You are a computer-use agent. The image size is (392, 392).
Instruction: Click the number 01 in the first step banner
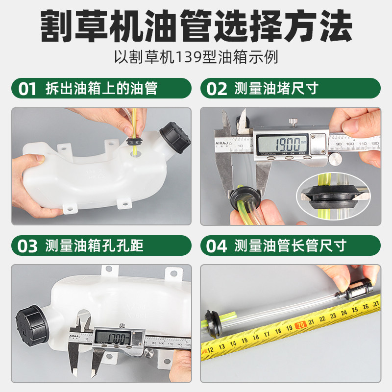pos(27,89)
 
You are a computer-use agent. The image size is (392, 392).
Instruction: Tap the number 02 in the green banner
pos(217,89)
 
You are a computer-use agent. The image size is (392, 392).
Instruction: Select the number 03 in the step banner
pos(27,246)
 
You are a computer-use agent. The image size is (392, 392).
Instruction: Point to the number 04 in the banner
pos(217,246)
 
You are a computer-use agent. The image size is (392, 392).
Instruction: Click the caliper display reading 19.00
pos(282,144)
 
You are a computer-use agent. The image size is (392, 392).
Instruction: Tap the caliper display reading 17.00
pos(113,338)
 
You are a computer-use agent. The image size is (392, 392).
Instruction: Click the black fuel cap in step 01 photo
pos(175,138)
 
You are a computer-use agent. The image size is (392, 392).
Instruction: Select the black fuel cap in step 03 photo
pos(32,325)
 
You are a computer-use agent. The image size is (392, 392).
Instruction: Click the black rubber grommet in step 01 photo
pos(135,141)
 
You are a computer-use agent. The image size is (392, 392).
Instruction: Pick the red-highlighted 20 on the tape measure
pos(301,325)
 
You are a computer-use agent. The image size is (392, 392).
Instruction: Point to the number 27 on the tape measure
pos(376,304)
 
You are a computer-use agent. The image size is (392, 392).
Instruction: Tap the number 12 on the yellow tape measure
pos(210,350)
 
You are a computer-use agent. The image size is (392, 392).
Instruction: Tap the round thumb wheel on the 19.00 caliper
pos(336,159)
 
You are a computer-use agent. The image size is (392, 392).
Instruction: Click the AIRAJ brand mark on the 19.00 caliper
pos(221,143)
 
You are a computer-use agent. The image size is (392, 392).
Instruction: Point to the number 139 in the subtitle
pos(189,57)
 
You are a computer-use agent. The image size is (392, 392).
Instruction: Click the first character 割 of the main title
pos(56,26)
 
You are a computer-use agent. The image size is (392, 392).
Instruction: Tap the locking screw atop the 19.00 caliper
pos(292,122)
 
